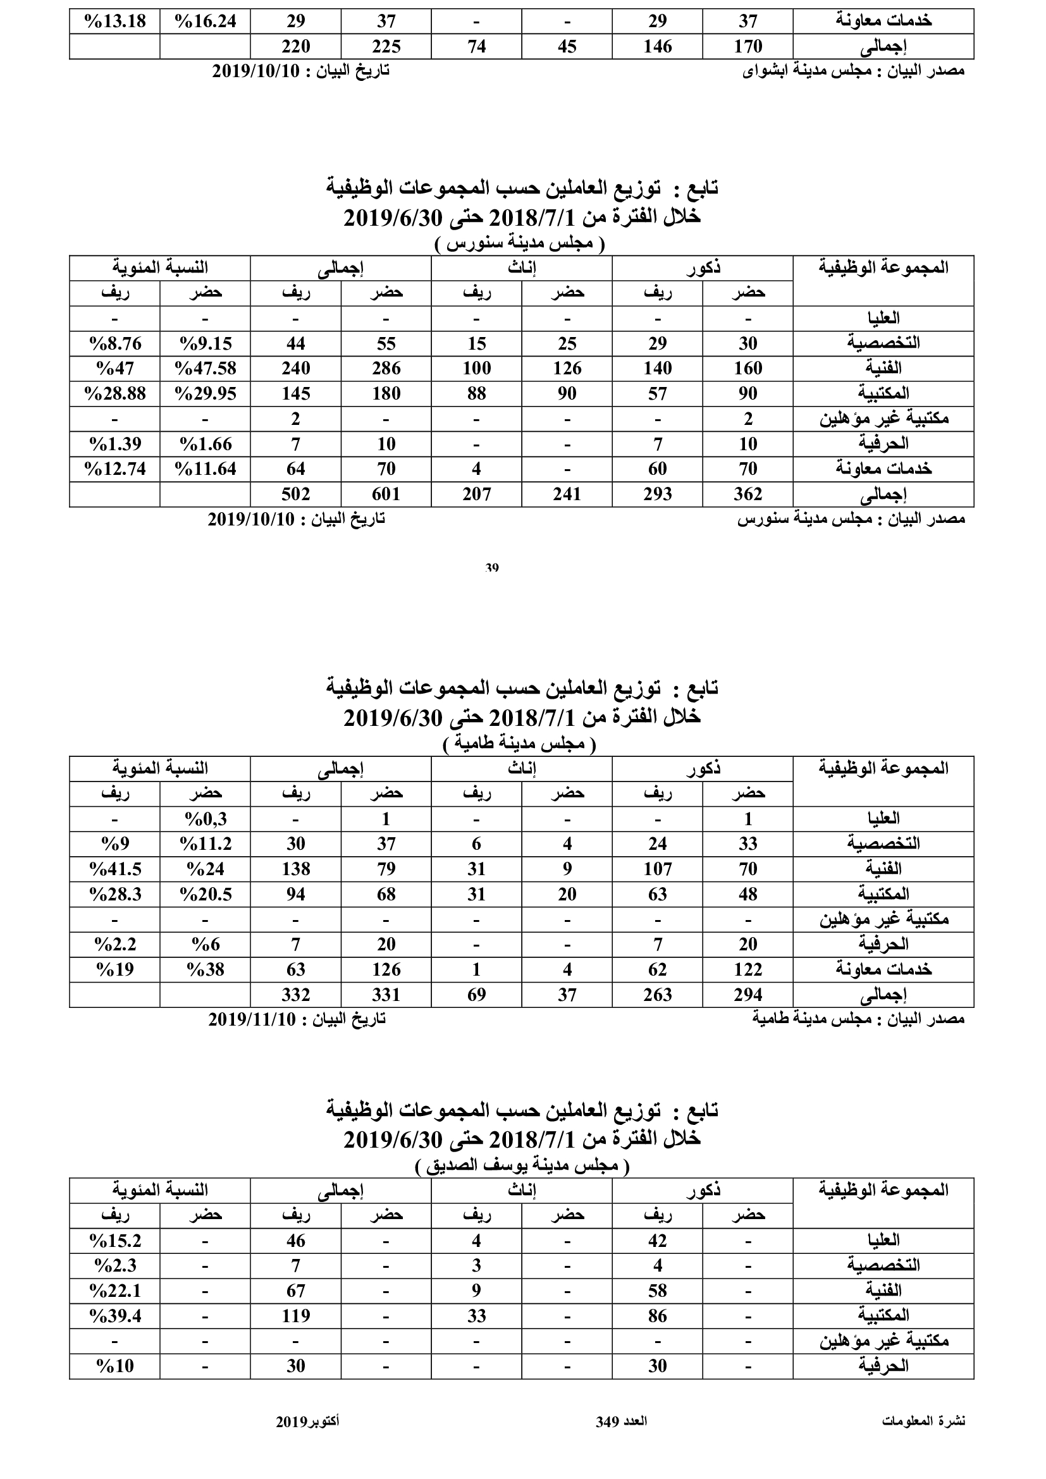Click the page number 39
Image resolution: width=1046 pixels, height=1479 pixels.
(491, 567)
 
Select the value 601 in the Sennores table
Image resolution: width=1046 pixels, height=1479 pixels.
(386, 494)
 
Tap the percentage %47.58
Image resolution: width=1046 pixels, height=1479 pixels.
(206, 369)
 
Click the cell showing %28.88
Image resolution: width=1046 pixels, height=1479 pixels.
(115, 393)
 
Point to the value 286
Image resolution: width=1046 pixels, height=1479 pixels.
(386, 369)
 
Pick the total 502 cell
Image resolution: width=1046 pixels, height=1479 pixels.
(295, 494)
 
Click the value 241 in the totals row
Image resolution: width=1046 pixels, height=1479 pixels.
(567, 494)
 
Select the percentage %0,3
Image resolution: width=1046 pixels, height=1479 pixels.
(206, 819)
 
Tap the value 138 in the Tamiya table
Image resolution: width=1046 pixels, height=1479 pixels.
(295, 869)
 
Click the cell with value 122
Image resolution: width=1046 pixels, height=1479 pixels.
(748, 969)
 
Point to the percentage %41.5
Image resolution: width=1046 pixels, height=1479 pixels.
(115, 869)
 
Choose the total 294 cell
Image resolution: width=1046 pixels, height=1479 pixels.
(748, 995)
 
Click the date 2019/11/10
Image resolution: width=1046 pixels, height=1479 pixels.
(252, 1019)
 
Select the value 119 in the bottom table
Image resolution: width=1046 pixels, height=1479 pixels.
(295, 1315)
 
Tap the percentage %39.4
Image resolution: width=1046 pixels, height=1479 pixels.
(115, 1315)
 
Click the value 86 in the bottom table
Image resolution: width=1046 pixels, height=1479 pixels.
(657, 1315)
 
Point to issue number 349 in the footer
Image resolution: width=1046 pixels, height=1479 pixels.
(607, 1421)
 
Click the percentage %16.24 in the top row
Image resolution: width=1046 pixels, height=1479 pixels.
(206, 21)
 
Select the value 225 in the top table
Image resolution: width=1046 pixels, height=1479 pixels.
(386, 46)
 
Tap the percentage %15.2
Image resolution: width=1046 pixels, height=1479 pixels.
(115, 1240)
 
